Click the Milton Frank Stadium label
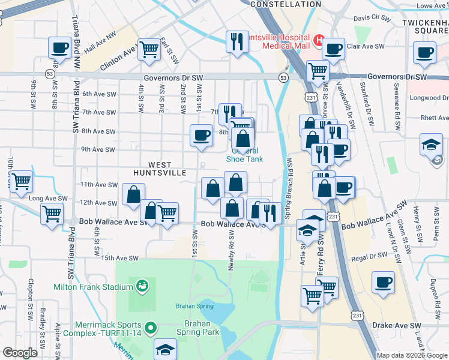[93, 287]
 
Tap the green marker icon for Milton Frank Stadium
[142, 285]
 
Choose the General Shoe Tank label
[244, 155]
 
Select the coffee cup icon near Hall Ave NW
[60, 47]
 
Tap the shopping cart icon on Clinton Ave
[148, 50]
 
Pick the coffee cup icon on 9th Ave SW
[200, 135]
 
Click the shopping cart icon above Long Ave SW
[21, 181]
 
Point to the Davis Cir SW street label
[372, 19]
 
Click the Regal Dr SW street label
[370, 256]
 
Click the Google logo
[20, 353]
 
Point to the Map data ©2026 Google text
[411, 355]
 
